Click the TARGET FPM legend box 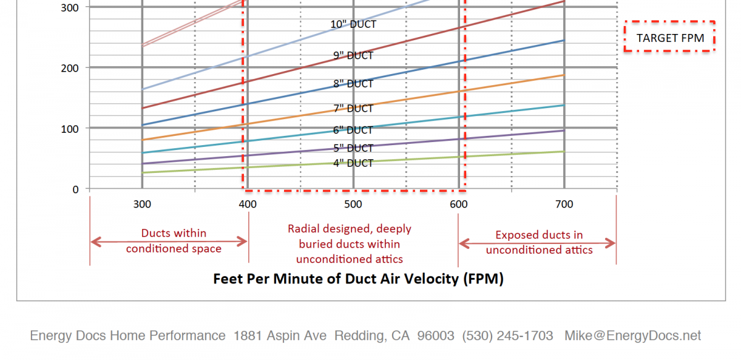point(670,38)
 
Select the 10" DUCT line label point(353,25)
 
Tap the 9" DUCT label point(353,56)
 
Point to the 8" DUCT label point(353,83)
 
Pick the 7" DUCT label point(353,109)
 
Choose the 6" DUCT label point(353,130)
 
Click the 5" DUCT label point(353,148)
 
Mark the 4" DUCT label point(353,163)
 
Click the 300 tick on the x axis point(142,204)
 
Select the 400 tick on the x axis point(248,204)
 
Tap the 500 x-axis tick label point(353,204)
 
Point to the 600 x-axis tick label point(458,204)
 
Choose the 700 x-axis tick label point(564,204)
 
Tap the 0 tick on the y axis point(75,189)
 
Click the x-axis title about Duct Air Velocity point(358,278)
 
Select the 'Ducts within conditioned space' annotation point(174,241)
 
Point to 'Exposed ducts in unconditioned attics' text point(539,243)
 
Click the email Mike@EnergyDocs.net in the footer point(632,336)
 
